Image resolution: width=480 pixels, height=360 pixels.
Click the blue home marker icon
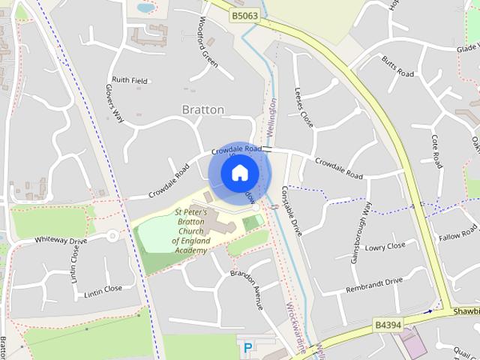[238, 172]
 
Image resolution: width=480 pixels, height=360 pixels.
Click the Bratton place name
[203, 109]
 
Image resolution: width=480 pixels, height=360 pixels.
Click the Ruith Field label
[130, 79]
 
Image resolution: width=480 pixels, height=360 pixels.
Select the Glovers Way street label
[114, 103]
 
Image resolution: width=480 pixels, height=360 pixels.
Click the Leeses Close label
[304, 106]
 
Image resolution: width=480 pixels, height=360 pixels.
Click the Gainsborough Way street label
[361, 232]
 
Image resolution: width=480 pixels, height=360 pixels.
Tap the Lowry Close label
[385, 246]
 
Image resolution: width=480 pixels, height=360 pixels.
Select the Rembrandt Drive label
[374, 286]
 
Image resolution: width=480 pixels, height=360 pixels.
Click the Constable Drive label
[292, 211]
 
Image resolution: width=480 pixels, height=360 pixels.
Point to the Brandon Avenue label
[247, 289]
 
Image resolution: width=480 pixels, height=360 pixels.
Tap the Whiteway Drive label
[61, 241]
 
